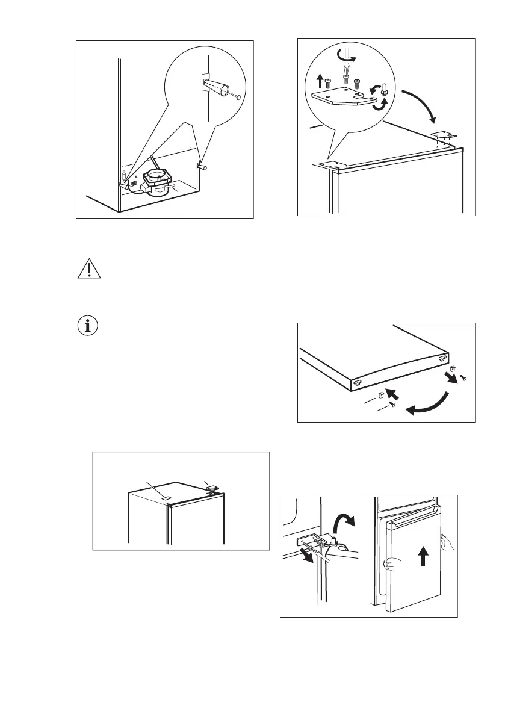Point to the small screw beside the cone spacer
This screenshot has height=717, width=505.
(238, 96)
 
